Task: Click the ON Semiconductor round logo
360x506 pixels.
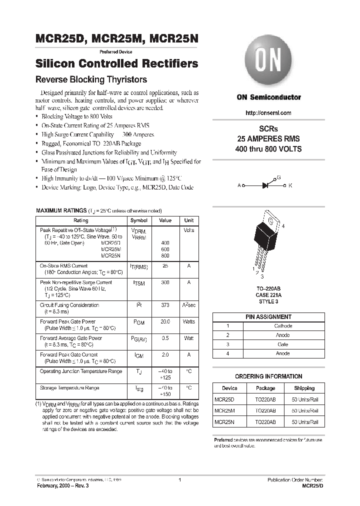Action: tap(268, 63)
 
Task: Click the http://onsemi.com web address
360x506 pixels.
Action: tap(268, 113)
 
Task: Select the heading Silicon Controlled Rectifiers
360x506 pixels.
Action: tap(117, 64)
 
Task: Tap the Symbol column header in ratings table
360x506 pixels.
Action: tap(139, 220)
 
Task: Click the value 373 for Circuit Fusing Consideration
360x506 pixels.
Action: tap(165, 305)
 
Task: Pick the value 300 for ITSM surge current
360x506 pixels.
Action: tap(165, 282)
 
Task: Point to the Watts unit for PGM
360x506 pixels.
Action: tap(188, 322)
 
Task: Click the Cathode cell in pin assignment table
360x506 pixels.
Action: tap(283, 326)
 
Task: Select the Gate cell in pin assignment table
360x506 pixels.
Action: tap(283, 344)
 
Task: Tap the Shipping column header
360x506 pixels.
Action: tap(304, 388)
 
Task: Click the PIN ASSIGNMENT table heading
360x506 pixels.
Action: tap(268, 317)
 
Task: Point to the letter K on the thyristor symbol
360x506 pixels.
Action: tap(290, 185)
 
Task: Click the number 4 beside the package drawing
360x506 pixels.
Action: tap(283, 226)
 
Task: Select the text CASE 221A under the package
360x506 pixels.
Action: tap(268, 295)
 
